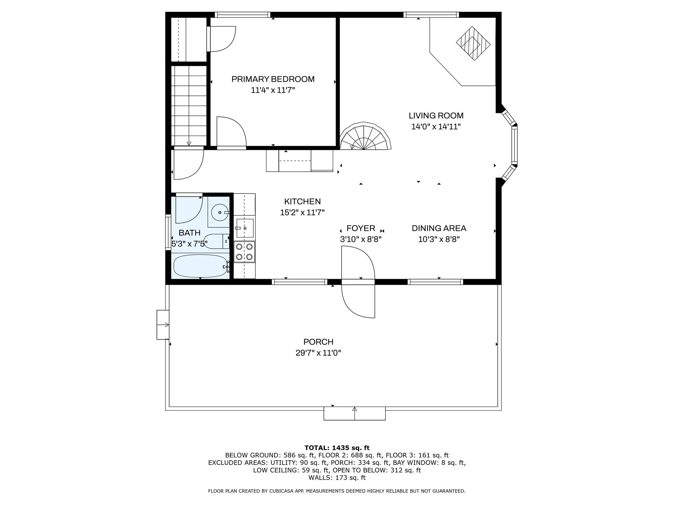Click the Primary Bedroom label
273,79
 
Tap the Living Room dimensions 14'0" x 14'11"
436,127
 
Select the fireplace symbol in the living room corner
473,43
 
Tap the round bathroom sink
219,213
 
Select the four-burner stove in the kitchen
244,252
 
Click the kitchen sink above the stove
245,228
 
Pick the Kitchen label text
302,202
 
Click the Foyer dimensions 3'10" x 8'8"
361,239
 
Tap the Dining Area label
439,228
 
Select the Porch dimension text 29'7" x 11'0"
318,353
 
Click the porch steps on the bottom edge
354,414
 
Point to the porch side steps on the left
163,325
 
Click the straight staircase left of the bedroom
189,105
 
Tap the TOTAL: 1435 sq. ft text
337,448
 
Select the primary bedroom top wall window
243,15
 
